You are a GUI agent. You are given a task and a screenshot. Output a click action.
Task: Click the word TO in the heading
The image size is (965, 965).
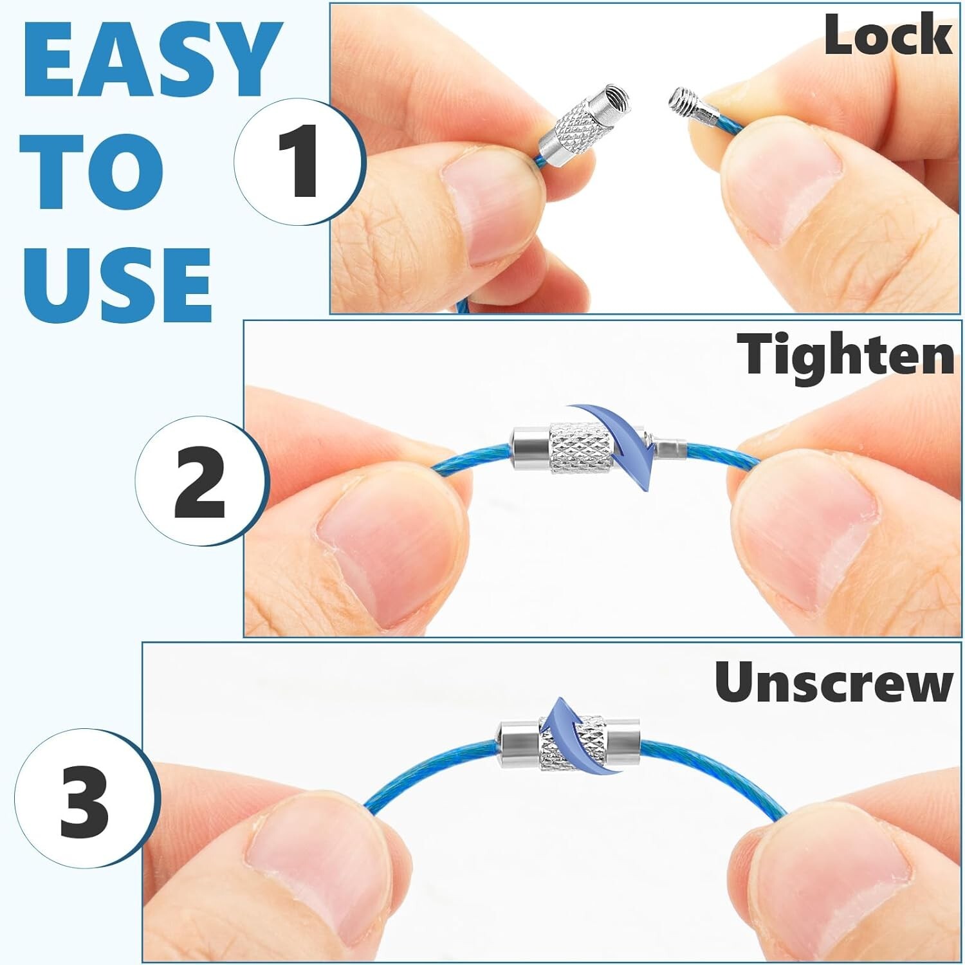point(93,172)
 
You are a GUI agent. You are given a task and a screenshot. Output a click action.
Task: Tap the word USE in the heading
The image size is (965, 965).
point(118,284)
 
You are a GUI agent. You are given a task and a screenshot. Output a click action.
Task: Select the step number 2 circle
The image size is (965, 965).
point(199,481)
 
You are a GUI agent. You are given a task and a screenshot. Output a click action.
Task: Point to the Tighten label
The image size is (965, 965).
point(846,355)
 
